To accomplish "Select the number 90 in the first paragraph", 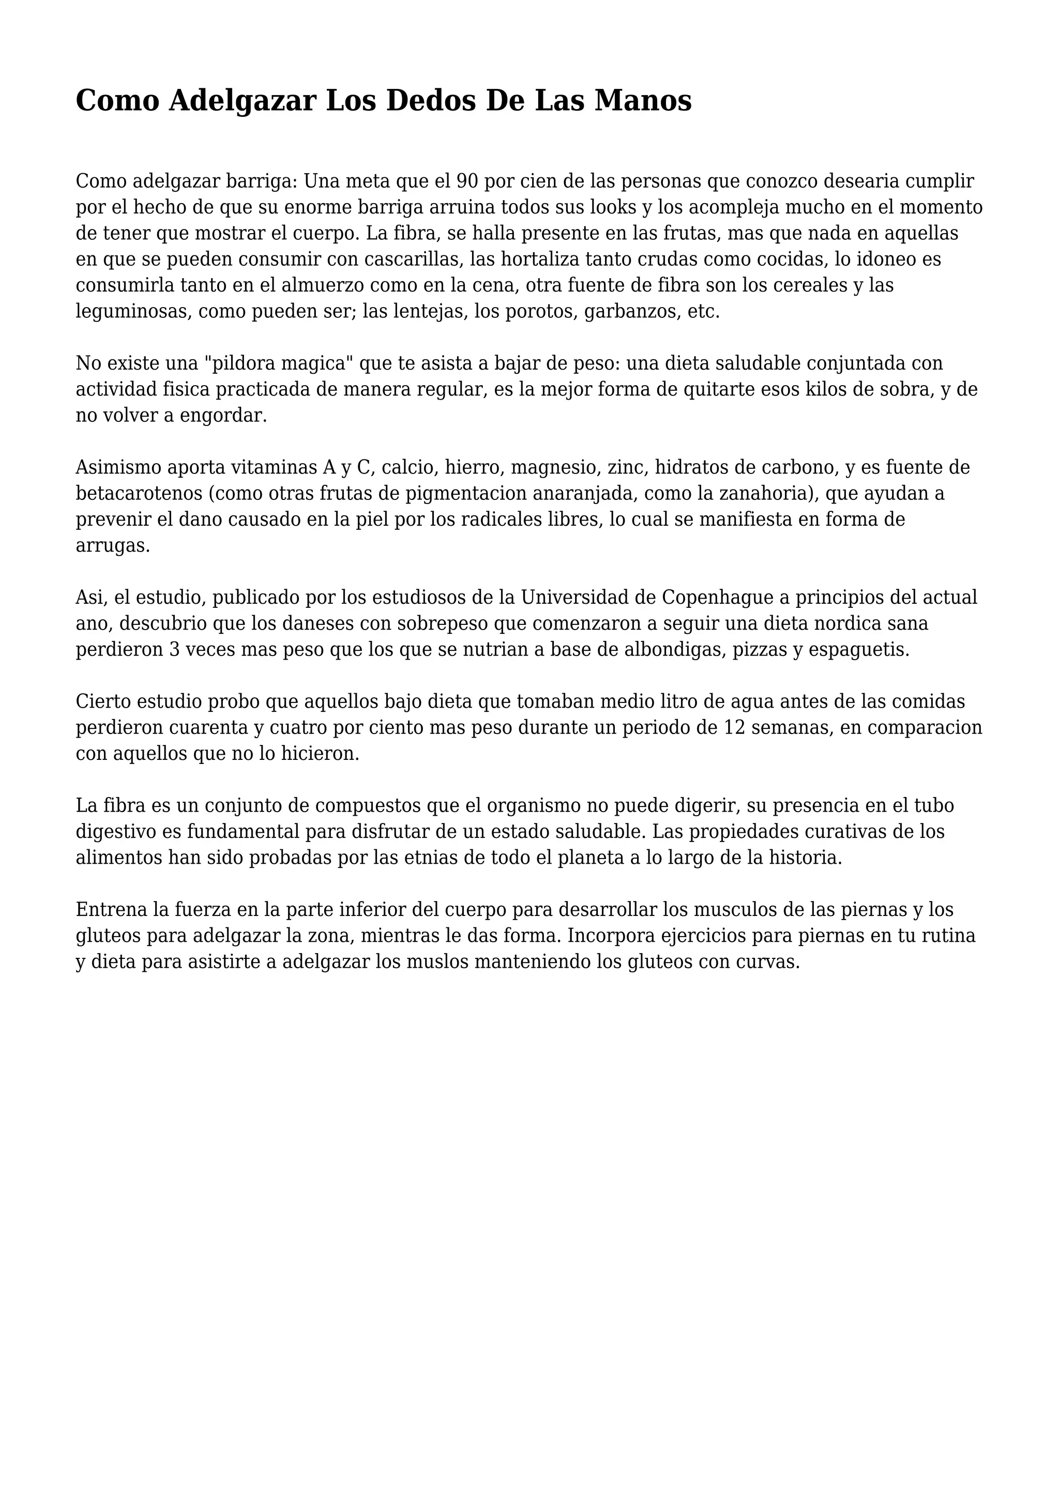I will pyautogui.click(x=467, y=180).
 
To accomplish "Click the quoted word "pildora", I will pyautogui.click(x=247, y=363).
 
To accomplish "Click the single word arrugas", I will pyautogui.click(x=113, y=546).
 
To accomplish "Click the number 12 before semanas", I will pyautogui.click(x=735, y=728).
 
